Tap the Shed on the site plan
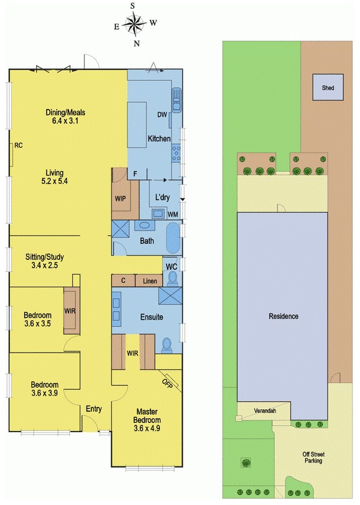pos(328,87)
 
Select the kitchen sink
pos(177,100)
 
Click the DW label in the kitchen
pos(162,114)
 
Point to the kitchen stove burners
pos(176,153)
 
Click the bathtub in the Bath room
pos(173,238)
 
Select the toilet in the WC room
pos(172,278)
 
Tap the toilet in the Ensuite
pos(167,345)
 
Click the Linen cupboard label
pos(150,281)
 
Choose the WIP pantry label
pos(120,199)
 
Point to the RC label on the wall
pos(19,146)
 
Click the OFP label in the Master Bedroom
pos(167,383)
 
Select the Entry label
pos(94,409)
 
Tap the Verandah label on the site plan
pos(265,411)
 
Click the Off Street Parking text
pos(313,457)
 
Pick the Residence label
pos(284,317)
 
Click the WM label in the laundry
pos(173,215)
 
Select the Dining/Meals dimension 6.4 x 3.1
pos(65,121)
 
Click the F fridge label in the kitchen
pos(136,174)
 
